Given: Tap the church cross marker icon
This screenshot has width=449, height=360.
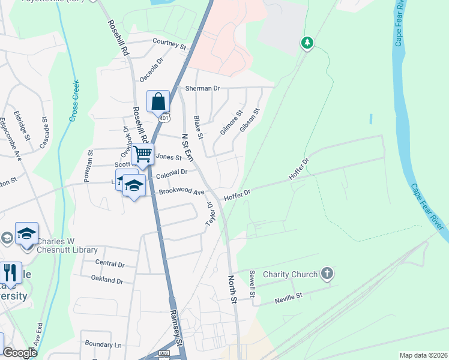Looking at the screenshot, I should click(327, 274).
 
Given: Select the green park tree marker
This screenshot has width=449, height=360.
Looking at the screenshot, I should click(307, 43).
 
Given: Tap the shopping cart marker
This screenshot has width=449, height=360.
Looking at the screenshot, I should click(143, 154).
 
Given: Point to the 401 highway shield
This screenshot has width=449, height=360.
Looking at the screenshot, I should click(163, 118).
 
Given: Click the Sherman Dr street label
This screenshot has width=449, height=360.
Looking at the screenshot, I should click(202, 88).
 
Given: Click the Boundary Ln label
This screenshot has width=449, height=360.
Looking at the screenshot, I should click(103, 345).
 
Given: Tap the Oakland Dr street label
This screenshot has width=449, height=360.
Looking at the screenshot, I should click(107, 280).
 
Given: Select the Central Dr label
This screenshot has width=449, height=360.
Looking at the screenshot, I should click(109, 263).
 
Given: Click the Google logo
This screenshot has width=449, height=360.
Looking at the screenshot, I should click(20, 353).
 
